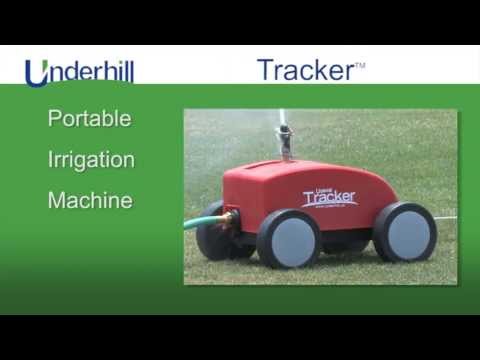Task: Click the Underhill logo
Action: pyautogui.click(x=79, y=72)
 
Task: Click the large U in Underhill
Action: pyautogui.click(x=36, y=73)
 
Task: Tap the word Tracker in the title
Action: pyautogui.click(x=305, y=70)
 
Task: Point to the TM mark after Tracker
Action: pyautogui.click(x=360, y=65)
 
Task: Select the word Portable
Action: pyautogui.click(x=90, y=118)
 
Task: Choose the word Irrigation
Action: pyautogui.click(x=91, y=159)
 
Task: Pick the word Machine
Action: pyautogui.click(x=90, y=200)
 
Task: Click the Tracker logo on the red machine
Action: pyautogui.click(x=329, y=197)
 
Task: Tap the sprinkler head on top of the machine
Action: pyautogui.click(x=286, y=146)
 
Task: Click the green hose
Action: pyautogui.click(x=200, y=221)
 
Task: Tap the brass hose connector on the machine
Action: pyautogui.click(x=229, y=216)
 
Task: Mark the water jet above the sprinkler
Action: pyautogui.click(x=283, y=118)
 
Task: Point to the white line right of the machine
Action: pyautogui.click(x=446, y=217)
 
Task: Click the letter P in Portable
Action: pyautogui.click(x=55, y=118)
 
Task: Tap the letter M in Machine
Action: pyautogui.click(x=57, y=200)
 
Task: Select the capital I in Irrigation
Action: pyautogui.click(x=51, y=159)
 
